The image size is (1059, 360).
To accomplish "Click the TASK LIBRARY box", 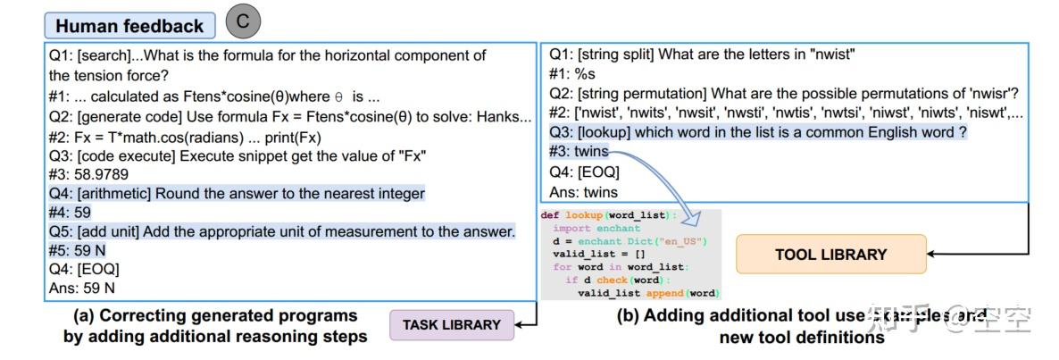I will click(452, 325).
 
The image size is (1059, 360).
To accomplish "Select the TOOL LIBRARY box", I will click(830, 255).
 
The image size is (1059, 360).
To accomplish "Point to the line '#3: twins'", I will click(579, 152).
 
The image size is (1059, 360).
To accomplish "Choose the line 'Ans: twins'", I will click(582, 191).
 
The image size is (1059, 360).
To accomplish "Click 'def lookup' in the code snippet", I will click(571, 216).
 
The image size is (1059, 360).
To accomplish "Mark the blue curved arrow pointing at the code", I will click(661, 183).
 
